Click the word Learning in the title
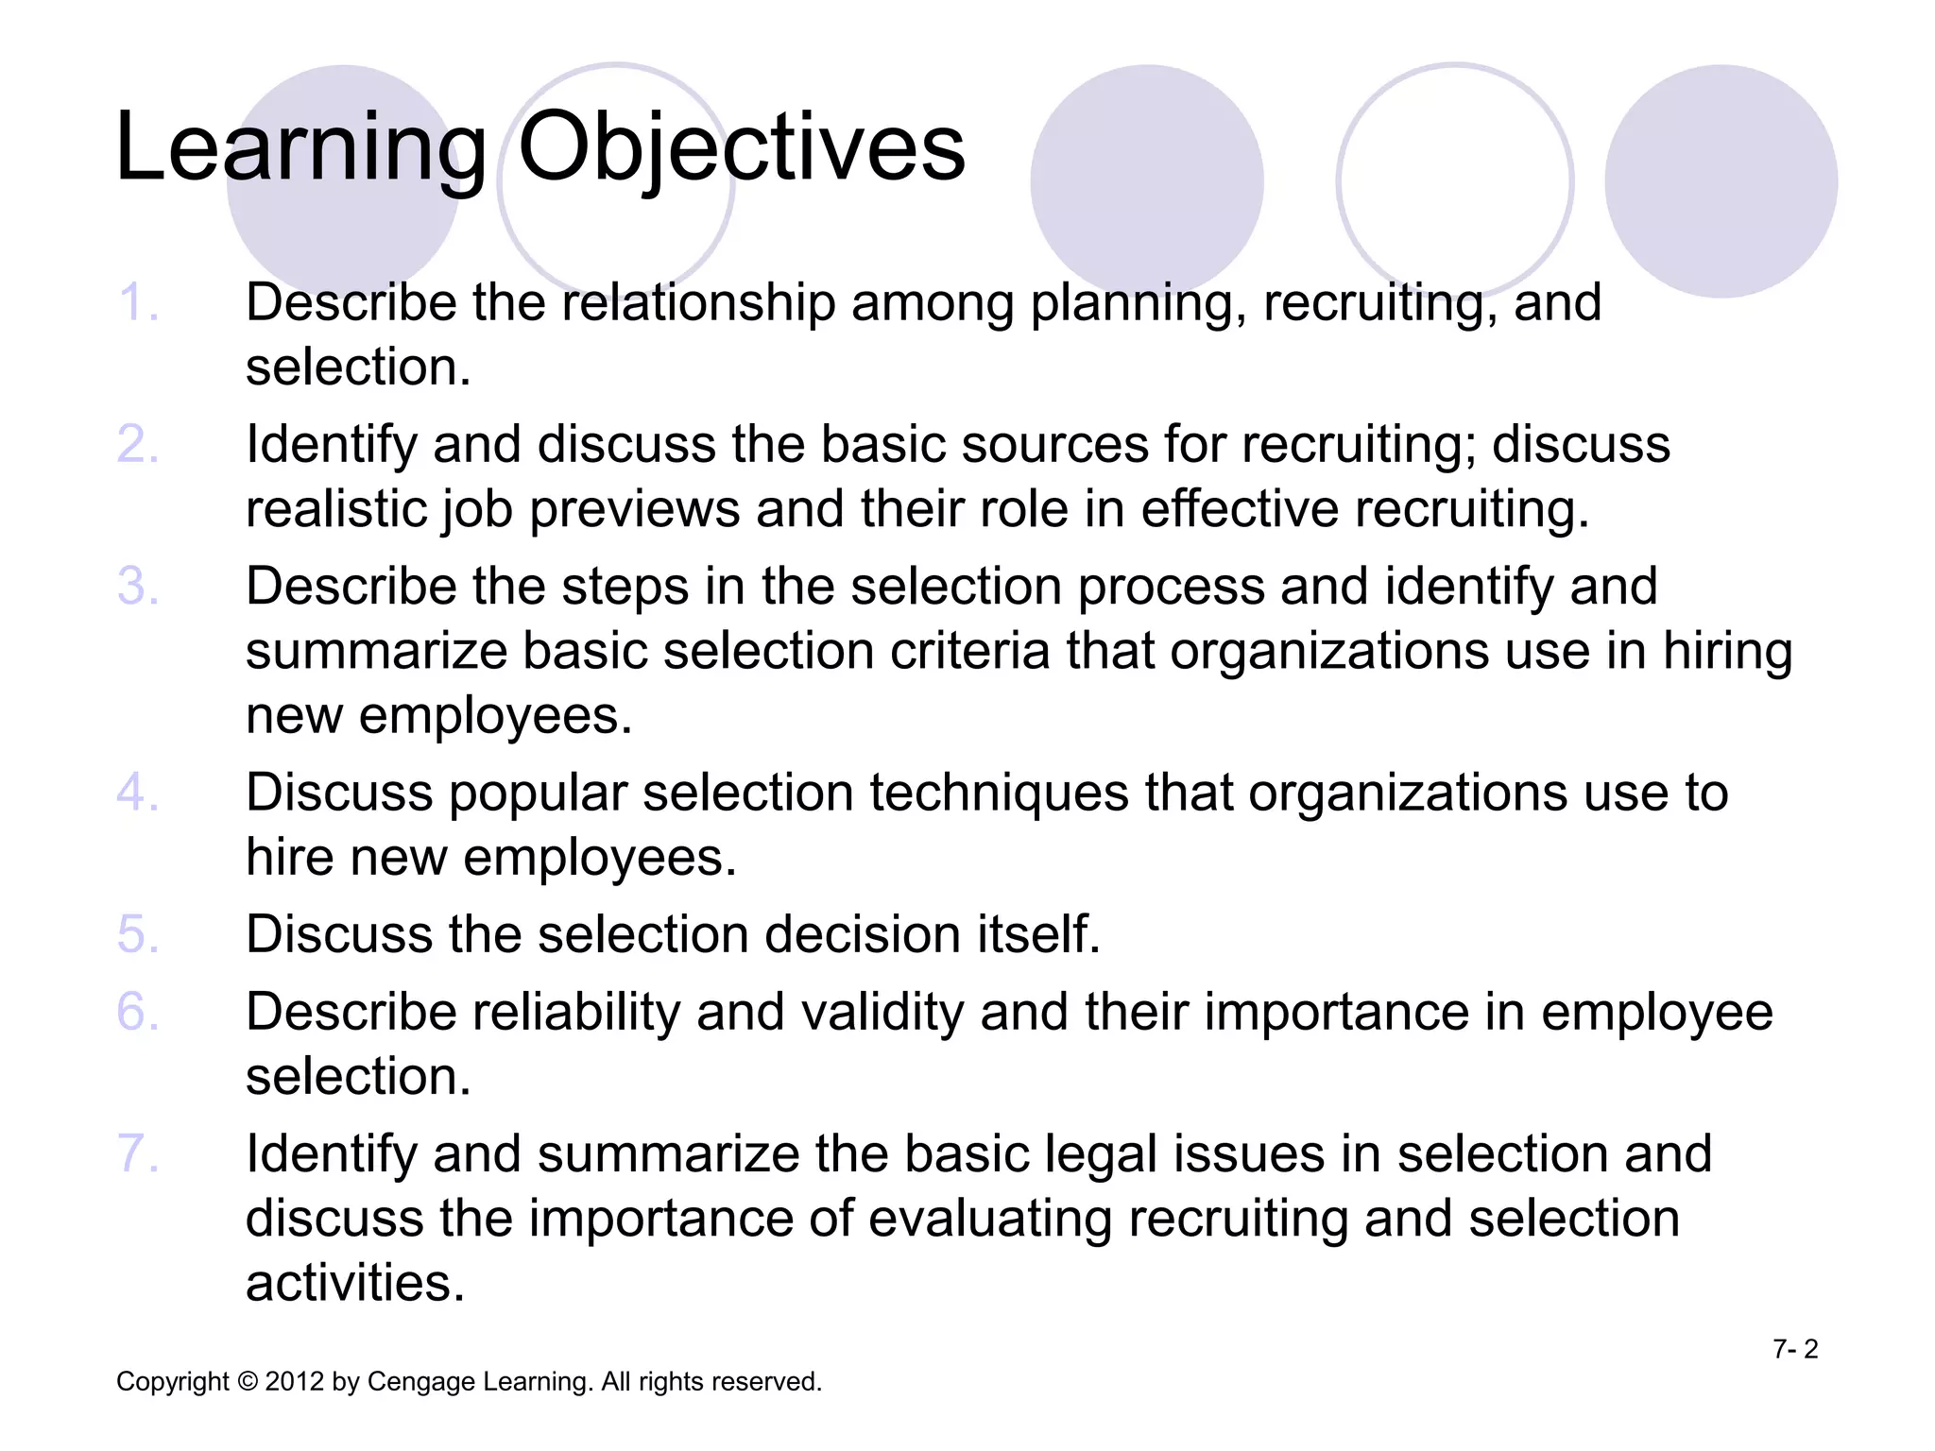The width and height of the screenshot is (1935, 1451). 300,149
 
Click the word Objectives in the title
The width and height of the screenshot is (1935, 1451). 742,149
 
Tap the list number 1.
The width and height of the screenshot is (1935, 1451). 138,303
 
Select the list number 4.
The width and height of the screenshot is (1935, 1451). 138,793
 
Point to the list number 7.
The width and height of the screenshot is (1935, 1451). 138,1154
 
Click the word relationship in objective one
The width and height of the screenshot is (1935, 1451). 698,303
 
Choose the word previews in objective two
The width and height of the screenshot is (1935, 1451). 634,509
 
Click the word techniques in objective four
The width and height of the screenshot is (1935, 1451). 999,793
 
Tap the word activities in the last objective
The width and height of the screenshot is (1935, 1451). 355,1284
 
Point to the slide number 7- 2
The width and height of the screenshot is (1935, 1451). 1795,1349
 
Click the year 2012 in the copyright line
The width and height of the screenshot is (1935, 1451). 295,1382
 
